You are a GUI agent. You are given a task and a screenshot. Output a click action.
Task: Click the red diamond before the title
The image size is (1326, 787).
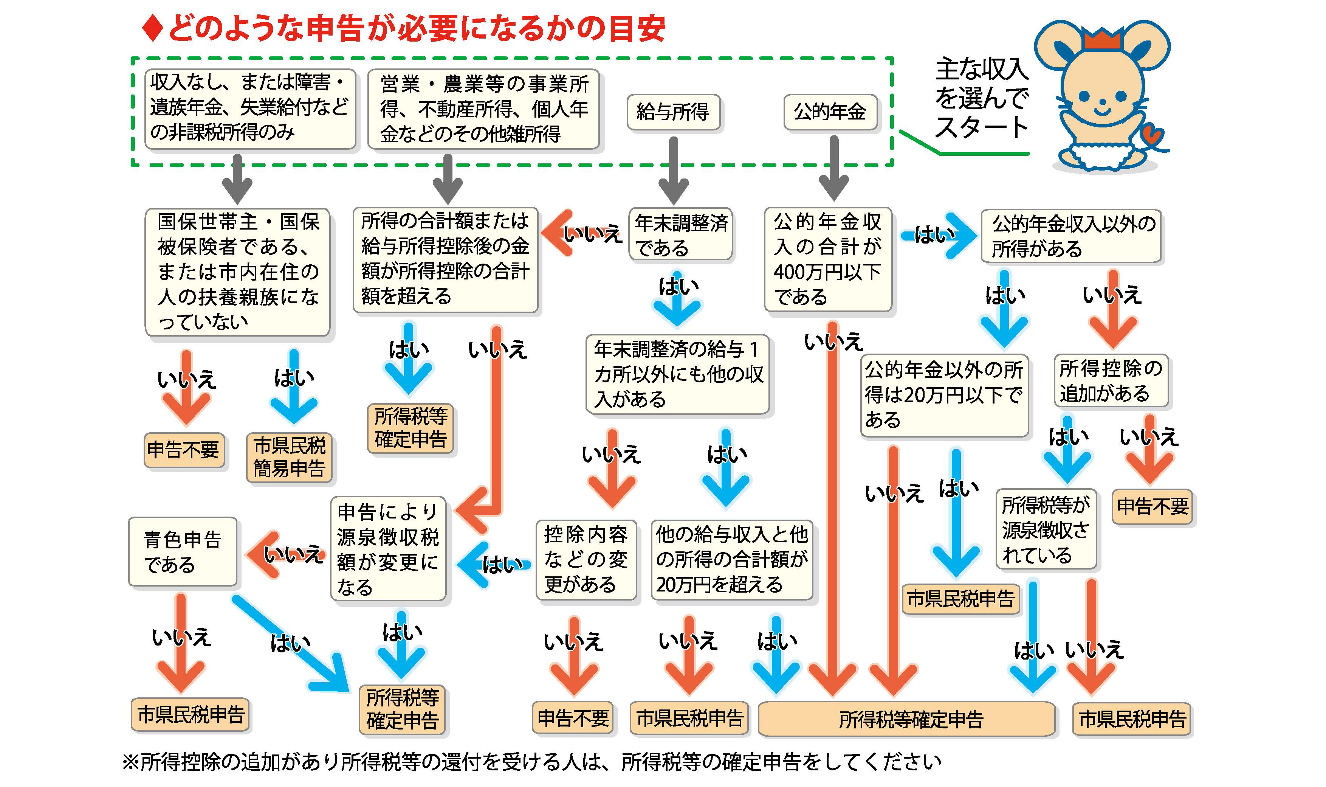click(x=153, y=29)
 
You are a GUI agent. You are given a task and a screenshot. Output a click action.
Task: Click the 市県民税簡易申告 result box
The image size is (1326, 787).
click(x=290, y=457)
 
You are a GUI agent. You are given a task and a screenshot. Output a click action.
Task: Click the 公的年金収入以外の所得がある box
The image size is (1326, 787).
click(x=1070, y=236)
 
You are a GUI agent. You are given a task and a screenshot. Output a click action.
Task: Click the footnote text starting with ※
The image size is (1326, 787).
click(x=530, y=762)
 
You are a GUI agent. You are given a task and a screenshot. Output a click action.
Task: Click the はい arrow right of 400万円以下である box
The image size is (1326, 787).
click(x=938, y=235)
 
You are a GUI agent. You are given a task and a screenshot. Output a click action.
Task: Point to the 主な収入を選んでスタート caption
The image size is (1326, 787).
click(x=981, y=98)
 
